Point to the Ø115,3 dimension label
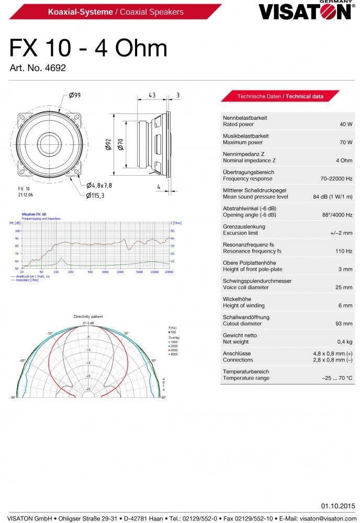point(95,195)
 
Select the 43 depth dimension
point(152,95)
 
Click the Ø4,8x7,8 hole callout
point(99,185)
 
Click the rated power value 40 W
point(346,124)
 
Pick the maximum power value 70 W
point(346,142)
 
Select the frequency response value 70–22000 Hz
point(336,179)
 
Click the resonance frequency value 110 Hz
point(343,251)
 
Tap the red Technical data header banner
point(280,96)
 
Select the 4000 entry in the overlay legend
point(173,350)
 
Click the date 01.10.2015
point(337,506)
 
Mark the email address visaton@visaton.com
point(325,517)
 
